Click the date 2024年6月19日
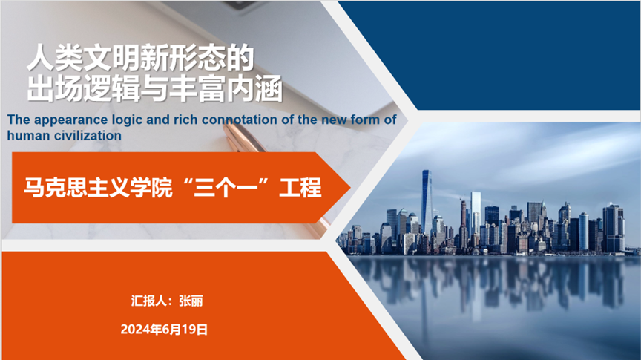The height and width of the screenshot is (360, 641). (164, 330)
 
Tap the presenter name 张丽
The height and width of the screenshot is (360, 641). (191, 301)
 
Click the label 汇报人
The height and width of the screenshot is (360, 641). (149, 301)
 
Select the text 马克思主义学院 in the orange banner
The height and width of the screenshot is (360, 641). (98, 188)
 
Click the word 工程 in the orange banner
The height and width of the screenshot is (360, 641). (300, 188)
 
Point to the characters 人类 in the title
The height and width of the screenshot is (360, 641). (55, 58)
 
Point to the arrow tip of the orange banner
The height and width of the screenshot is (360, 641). (350, 188)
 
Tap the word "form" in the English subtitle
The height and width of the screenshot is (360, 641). (365, 120)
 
